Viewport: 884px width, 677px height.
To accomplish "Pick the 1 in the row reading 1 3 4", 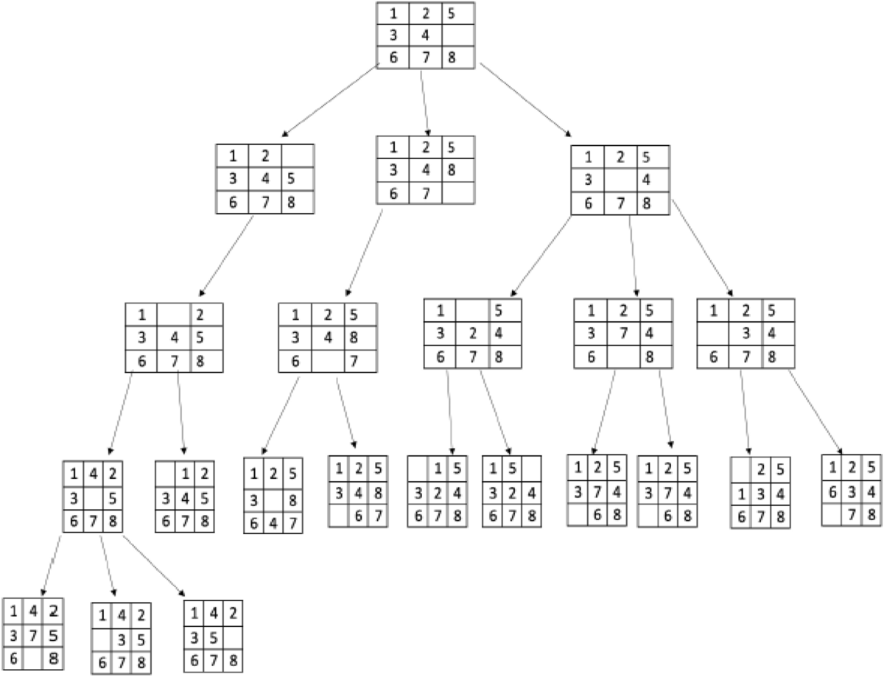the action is tap(740, 493).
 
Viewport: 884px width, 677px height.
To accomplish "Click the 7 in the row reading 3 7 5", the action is tap(35, 635).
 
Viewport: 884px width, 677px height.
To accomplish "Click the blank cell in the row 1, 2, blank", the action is tap(298, 156).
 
